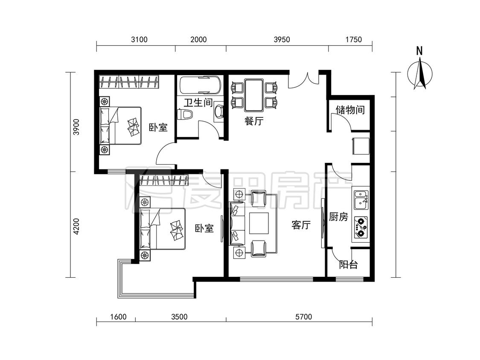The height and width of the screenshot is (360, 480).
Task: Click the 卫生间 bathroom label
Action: pyautogui.click(x=198, y=102)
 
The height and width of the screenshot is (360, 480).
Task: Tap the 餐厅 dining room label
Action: pyautogui.click(x=254, y=121)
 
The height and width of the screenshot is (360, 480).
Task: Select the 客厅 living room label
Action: pyautogui.click(x=301, y=225)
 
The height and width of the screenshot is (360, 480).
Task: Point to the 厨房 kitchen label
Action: pyautogui.click(x=339, y=217)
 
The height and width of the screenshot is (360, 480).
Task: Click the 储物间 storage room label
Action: pyautogui.click(x=350, y=110)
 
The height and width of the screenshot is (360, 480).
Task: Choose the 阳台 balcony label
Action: pyautogui.click(x=348, y=264)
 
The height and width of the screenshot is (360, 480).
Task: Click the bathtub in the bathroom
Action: pyautogui.click(x=200, y=85)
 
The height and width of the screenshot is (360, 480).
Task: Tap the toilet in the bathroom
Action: pyautogui.click(x=186, y=114)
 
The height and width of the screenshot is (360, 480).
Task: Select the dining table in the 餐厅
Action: pyautogui.click(x=254, y=95)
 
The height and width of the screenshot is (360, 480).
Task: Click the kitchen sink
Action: pyautogui.click(x=361, y=200)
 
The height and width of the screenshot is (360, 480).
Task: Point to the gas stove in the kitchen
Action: pyautogui.click(x=361, y=227)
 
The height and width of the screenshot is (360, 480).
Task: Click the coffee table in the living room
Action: pyautogui.click(x=259, y=223)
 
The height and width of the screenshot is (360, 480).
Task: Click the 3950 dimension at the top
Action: pyautogui.click(x=282, y=40)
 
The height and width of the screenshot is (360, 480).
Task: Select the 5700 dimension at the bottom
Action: pyautogui.click(x=304, y=316)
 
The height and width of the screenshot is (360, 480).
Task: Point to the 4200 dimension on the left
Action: pyautogui.click(x=76, y=226)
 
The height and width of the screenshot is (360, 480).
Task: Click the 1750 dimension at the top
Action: pyautogui.click(x=354, y=40)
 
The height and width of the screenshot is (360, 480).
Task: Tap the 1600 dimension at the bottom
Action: pyautogui.click(x=118, y=316)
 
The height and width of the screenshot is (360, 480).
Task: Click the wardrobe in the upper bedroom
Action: pyautogui.click(x=130, y=82)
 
